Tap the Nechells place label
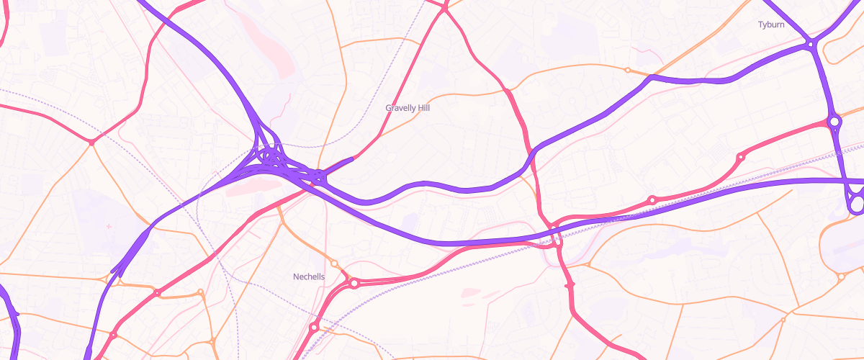tap(309, 276)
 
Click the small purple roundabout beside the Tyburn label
tap(811, 45)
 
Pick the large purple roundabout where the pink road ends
tap(834, 122)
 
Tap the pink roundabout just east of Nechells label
tap(354, 284)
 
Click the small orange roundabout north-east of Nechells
tap(334, 264)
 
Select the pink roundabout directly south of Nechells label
tap(314, 328)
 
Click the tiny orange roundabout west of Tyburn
tap(628, 70)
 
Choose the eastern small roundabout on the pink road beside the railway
tap(739, 157)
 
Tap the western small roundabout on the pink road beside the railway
tap(652, 200)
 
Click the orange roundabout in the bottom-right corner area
tap(840, 276)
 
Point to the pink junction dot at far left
tap(91, 143)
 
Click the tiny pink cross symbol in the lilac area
tap(109, 227)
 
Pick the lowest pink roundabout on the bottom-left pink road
tap(113, 335)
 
